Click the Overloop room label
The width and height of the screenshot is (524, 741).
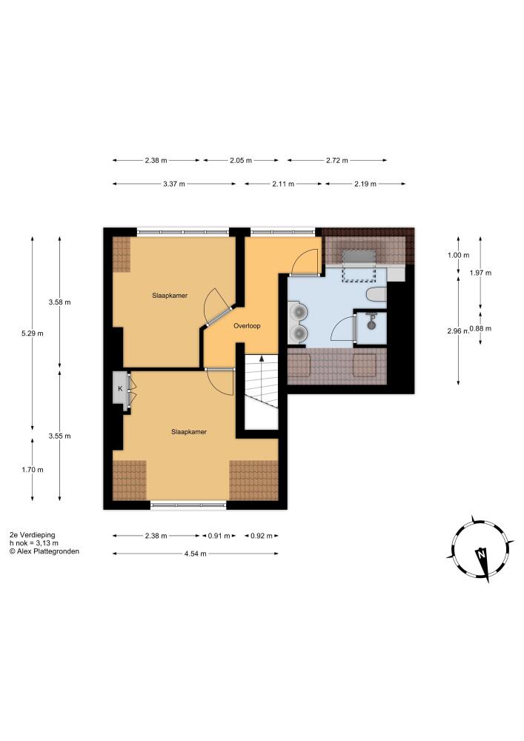pyautogui.click(x=247, y=325)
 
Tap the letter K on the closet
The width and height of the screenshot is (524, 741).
pyautogui.click(x=120, y=389)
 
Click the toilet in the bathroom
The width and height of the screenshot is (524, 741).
pyautogui.click(x=377, y=294)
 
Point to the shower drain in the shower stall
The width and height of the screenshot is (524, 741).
pyautogui.click(x=371, y=325)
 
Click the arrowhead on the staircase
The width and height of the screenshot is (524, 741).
pyautogui.click(x=262, y=359)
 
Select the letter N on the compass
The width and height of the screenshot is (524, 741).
pyautogui.click(x=481, y=554)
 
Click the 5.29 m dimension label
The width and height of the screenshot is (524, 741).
pyautogui.click(x=32, y=333)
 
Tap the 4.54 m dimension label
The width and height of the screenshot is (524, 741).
pyautogui.click(x=195, y=554)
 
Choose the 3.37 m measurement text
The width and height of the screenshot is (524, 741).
pyautogui.click(x=174, y=184)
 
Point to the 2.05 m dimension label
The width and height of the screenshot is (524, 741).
pyautogui.click(x=240, y=160)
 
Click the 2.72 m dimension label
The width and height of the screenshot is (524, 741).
pyautogui.click(x=337, y=160)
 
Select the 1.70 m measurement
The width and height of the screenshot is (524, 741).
pyautogui.click(x=32, y=470)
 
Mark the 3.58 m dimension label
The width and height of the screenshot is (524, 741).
pyautogui.click(x=59, y=302)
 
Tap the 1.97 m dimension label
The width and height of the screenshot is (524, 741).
pyautogui.click(x=480, y=273)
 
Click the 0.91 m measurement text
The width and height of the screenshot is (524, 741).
pyautogui.click(x=219, y=536)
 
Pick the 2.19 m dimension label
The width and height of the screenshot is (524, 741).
pyautogui.click(x=365, y=184)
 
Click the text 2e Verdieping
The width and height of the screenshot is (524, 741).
pyautogui.click(x=32, y=535)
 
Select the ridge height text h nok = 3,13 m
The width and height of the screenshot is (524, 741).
pyautogui.click(x=34, y=543)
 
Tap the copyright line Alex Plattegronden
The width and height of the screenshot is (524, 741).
pyautogui.click(x=44, y=551)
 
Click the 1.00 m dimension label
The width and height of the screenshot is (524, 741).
pyautogui.click(x=458, y=255)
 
